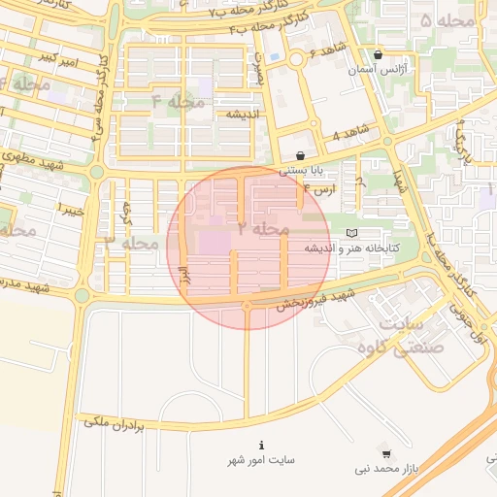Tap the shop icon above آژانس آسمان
pos(377,55)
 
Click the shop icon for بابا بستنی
pos(300,155)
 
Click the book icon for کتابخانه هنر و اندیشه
pos(350,233)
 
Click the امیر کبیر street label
pos(51,58)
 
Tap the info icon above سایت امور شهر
pos(260,443)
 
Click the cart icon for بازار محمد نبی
pos(386,453)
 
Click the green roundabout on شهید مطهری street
pos(97,172)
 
